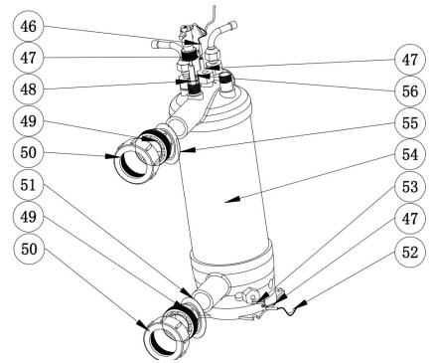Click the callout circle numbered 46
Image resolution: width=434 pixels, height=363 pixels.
28,27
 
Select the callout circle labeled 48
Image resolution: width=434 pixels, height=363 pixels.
28,90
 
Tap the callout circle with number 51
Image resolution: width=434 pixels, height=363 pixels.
28,185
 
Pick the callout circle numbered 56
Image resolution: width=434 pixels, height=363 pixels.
410,91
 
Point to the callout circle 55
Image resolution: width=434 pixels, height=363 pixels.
410,123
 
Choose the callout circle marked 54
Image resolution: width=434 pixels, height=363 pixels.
410,155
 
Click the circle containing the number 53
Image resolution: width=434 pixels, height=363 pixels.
410,187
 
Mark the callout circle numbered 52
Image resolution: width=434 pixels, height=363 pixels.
410,253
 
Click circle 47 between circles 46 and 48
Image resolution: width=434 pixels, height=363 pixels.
28,58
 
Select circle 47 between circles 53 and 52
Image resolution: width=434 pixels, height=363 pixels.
410,219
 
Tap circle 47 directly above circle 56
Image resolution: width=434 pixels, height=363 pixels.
410,60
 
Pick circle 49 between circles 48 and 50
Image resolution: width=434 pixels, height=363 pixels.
28,121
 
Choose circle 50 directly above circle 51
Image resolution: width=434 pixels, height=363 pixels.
28,153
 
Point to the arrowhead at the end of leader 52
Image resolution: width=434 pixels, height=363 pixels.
301,304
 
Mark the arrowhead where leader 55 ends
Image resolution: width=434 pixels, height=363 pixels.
188,150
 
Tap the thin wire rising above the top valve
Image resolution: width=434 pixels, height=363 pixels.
211,17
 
